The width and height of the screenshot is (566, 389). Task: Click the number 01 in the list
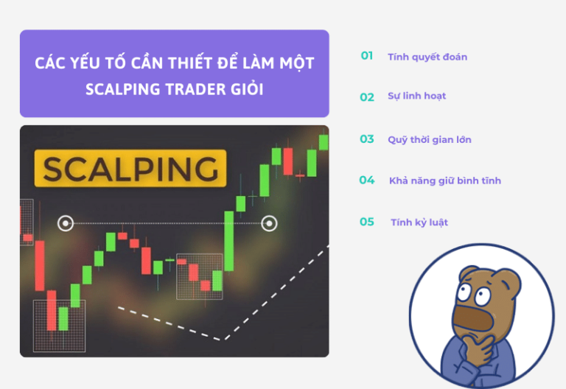366,56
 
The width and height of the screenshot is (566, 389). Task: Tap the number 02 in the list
366,97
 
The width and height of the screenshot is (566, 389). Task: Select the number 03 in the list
366,139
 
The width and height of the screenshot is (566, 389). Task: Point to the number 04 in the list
366,180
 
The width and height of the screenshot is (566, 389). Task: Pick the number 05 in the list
366,222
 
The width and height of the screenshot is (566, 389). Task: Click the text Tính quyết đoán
427,57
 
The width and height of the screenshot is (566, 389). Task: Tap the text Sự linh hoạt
416,97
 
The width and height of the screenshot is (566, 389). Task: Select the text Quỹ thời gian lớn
430,139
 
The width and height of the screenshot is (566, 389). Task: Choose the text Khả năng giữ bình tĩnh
445,181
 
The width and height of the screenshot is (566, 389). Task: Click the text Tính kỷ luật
419,222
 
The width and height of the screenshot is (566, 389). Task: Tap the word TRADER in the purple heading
181,89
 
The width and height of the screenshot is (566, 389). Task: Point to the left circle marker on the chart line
66,222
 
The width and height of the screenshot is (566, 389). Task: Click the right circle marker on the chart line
270,222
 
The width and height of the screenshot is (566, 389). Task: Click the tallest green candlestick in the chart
229,240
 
